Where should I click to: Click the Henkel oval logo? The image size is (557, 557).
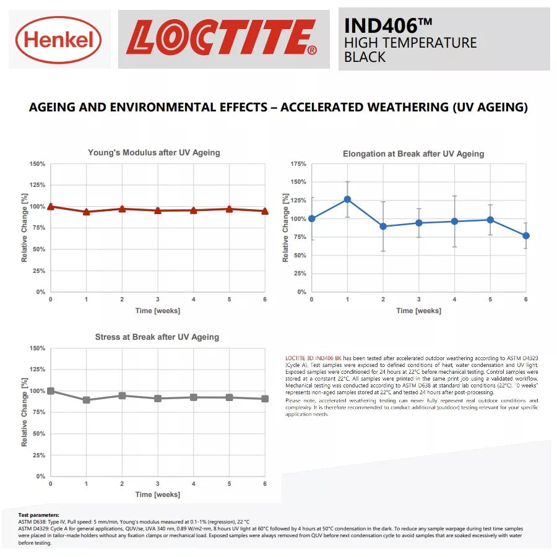point(58,40)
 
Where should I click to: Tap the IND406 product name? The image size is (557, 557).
point(388,25)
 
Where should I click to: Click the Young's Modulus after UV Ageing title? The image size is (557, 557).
point(153,152)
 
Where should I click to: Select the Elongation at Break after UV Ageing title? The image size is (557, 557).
point(413,153)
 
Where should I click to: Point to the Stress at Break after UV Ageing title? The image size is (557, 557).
point(157,337)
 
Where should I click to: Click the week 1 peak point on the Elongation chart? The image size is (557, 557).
point(347,199)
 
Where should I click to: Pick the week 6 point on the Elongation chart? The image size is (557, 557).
point(526,236)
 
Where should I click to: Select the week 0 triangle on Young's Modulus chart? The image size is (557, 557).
point(51,206)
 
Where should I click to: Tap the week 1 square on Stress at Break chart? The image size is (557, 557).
point(87,400)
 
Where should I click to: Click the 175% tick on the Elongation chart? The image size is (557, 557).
point(298,164)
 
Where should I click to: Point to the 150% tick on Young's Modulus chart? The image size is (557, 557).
point(37,164)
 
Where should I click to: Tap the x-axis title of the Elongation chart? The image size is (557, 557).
point(418,311)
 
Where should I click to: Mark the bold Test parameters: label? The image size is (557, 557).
point(39,515)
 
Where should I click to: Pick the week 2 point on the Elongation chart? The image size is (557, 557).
point(383,227)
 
